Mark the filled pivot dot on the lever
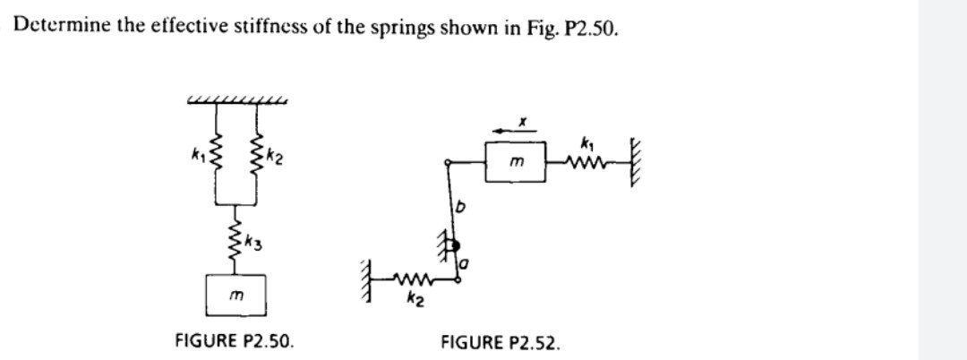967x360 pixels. tap(456, 243)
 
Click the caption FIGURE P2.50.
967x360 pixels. tap(234, 340)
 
